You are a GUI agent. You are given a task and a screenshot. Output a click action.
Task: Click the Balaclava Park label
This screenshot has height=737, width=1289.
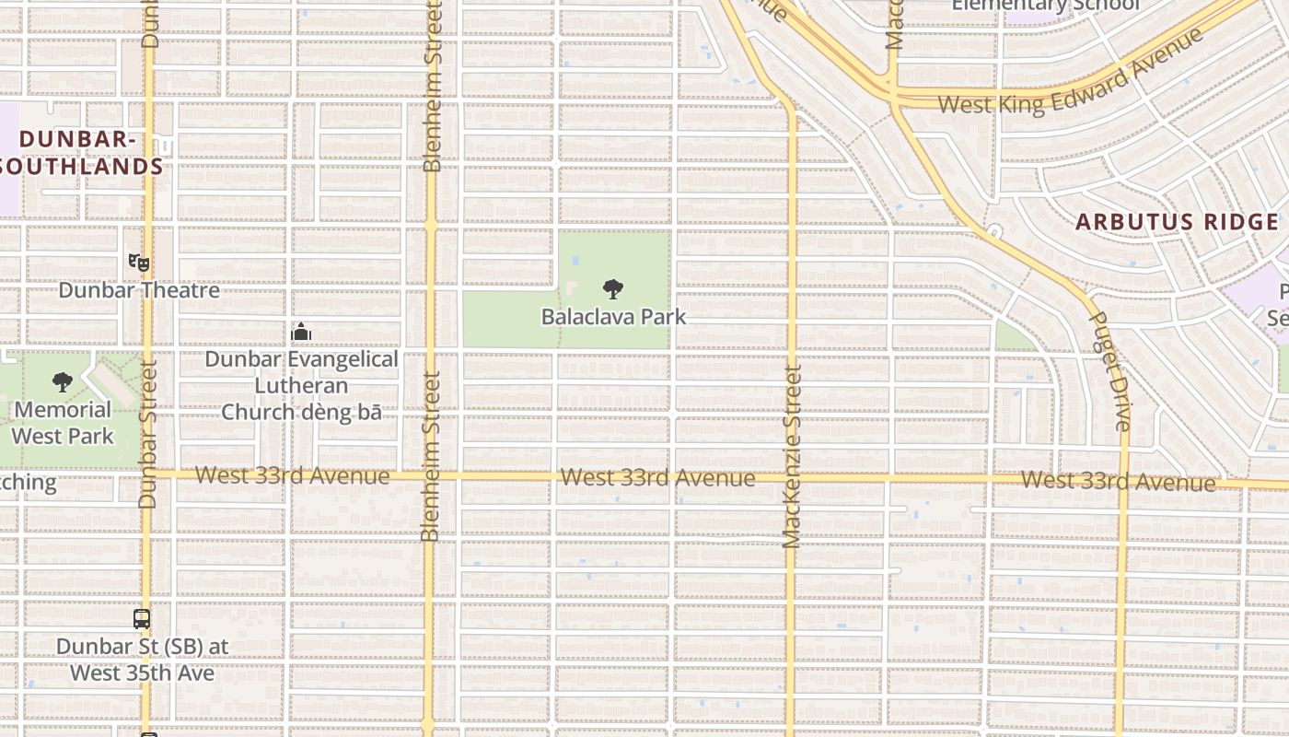click(613, 316)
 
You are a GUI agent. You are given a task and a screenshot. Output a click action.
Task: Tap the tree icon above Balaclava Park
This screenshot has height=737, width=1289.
click(613, 289)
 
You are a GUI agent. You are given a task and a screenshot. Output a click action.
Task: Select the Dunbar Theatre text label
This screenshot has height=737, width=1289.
click(139, 290)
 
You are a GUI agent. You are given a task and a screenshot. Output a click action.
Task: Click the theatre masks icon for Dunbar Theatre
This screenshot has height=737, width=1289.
click(139, 263)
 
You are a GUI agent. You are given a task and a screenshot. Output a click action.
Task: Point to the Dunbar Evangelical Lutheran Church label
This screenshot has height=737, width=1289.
click(301, 385)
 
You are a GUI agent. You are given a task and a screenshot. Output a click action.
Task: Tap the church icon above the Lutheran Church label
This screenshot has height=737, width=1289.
click(301, 332)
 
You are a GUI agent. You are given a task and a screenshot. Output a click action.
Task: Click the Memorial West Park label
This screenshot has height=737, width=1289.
click(63, 422)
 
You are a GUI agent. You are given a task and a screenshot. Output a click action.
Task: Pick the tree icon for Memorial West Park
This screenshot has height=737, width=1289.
click(63, 381)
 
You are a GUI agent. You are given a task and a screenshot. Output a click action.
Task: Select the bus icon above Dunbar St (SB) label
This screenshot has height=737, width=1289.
click(141, 619)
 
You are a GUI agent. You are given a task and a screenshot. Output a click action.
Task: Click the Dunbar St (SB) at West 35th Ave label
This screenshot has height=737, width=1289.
click(143, 660)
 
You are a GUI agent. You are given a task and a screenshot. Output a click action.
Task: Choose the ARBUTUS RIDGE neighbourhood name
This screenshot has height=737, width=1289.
click(1178, 222)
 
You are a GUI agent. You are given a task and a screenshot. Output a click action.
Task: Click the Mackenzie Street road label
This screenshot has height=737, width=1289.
click(792, 456)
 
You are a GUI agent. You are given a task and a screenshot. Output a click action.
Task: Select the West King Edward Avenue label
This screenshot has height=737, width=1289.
click(1070, 73)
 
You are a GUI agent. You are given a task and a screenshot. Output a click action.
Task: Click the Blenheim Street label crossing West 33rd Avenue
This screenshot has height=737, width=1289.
click(430, 456)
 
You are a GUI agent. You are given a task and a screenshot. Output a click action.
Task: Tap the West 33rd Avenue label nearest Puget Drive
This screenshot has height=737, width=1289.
click(1118, 481)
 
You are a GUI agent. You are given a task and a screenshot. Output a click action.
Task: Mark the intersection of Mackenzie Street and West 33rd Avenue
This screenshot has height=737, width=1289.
click(791, 478)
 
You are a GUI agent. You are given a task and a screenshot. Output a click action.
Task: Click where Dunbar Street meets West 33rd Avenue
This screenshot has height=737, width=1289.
click(147, 474)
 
